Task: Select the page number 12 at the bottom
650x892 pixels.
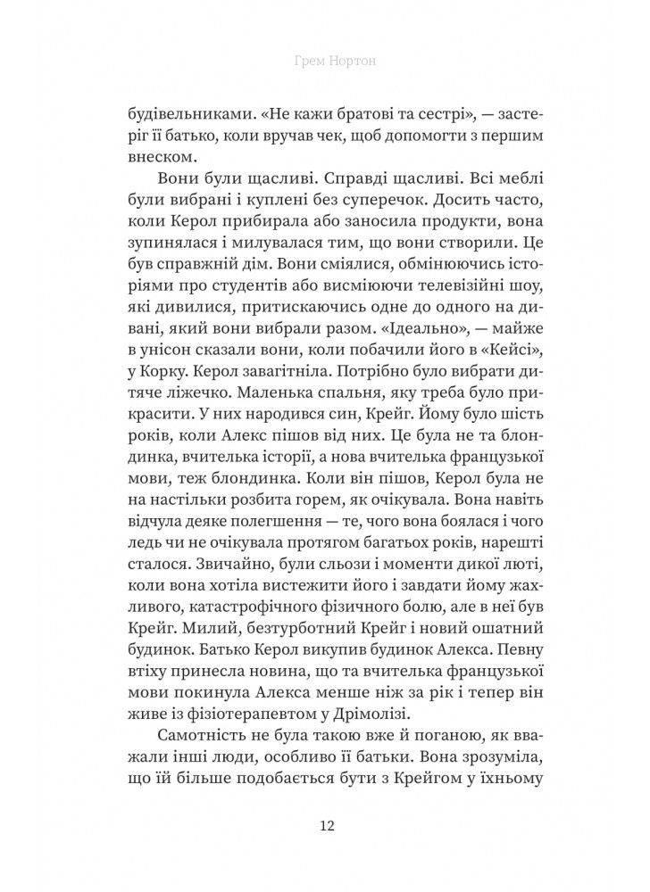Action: point(325,823)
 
